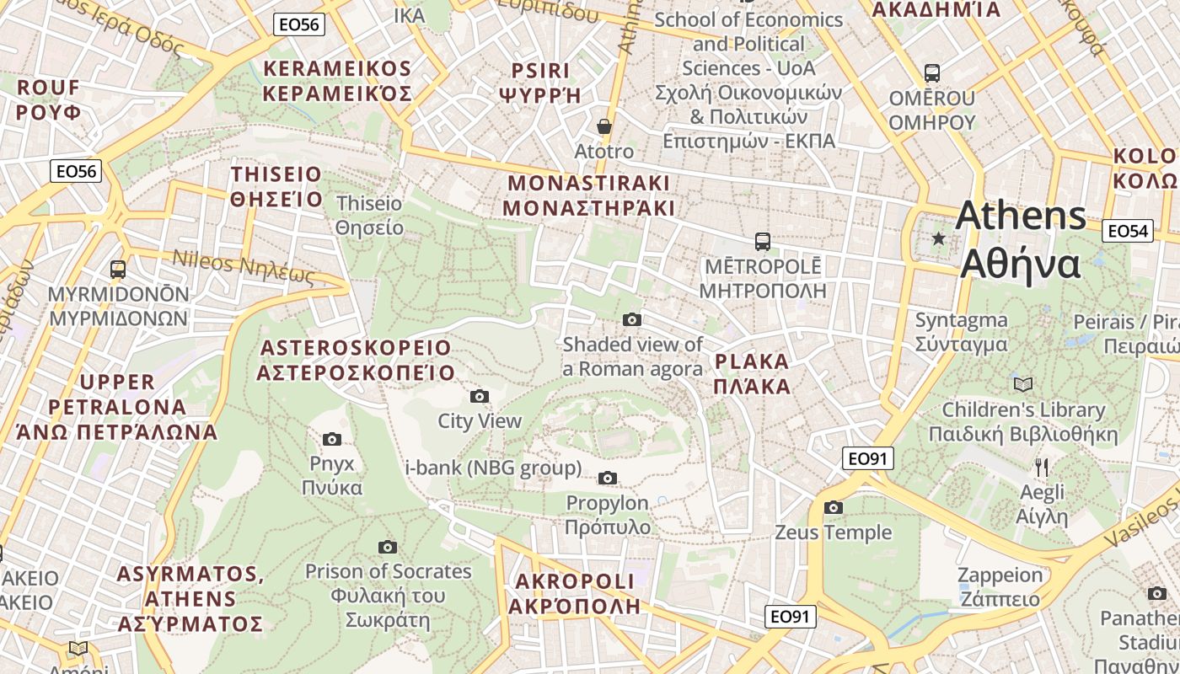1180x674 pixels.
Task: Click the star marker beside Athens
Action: [x=938, y=239]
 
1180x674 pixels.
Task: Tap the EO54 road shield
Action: [x=1128, y=231]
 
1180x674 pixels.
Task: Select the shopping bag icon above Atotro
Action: [x=604, y=126]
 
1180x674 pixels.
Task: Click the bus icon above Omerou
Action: [x=932, y=73]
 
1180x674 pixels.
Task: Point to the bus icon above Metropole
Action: [x=763, y=242]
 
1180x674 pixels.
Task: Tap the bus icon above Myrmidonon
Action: [x=118, y=270]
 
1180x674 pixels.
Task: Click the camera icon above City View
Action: [x=479, y=396]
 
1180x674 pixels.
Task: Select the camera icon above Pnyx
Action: [x=332, y=439]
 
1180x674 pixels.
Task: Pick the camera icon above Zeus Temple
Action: [x=834, y=507]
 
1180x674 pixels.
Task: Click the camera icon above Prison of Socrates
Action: [x=388, y=547]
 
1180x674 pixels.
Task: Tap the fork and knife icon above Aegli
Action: [x=1042, y=467]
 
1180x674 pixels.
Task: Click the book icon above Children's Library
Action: [x=1022, y=385]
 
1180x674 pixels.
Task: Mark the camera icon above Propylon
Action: [x=607, y=479]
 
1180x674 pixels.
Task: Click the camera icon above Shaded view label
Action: [x=631, y=319]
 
